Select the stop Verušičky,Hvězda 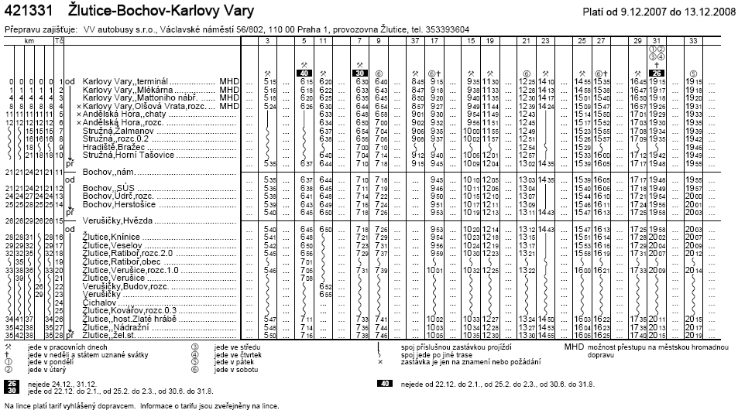pyautogui.click(x=116, y=220)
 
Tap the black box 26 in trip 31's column pyautogui.click(x=655, y=73)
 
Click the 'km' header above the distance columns pyautogui.click(x=28, y=39)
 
